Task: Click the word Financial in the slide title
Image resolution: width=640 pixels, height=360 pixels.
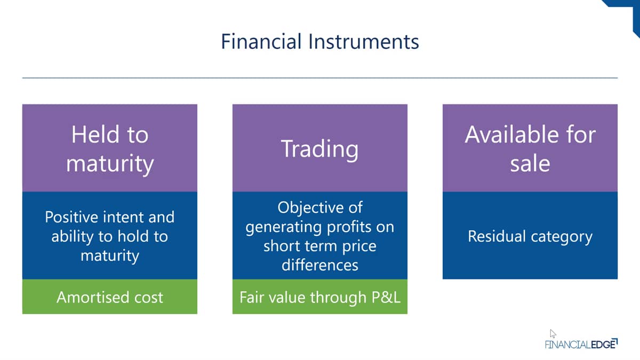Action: [x=261, y=42]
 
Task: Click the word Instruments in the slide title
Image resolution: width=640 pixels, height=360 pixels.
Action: [x=364, y=42]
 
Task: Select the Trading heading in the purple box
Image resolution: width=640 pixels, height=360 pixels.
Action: [x=319, y=149]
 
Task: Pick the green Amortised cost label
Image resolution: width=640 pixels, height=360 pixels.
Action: [x=110, y=297]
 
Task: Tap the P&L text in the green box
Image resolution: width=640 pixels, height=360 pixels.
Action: [x=386, y=297]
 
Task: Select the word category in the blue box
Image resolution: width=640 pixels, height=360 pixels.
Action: [x=562, y=237]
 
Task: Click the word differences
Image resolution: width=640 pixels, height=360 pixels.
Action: [x=319, y=265]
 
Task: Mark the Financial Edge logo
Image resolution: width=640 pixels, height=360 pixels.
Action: [x=581, y=343]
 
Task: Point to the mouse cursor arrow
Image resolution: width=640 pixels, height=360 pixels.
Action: [x=553, y=333]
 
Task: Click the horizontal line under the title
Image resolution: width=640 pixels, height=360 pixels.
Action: [x=319, y=78]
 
